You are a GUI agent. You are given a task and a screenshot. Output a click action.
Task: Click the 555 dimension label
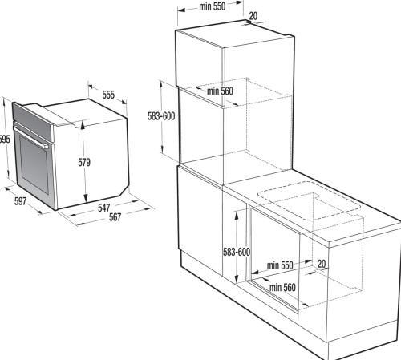click(x=108, y=95)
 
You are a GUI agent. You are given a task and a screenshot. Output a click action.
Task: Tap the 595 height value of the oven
click(x=5, y=139)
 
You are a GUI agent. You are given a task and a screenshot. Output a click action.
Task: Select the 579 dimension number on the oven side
click(x=84, y=162)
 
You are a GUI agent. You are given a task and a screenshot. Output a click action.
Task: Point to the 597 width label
click(x=21, y=201)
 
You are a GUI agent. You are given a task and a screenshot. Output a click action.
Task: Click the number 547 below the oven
click(x=104, y=208)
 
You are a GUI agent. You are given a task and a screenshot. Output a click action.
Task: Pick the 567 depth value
click(x=115, y=217)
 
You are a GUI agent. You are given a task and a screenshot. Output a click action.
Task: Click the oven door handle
click(x=30, y=137)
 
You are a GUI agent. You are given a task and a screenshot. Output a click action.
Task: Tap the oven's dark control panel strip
click(x=32, y=122)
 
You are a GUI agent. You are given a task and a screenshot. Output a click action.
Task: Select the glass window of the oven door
click(x=34, y=164)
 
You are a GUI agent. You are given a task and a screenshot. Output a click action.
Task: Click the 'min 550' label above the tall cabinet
click(x=213, y=6)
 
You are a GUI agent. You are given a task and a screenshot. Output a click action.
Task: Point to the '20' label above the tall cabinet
click(x=253, y=16)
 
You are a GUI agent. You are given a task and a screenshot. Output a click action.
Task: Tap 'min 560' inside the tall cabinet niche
click(x=220, y=91)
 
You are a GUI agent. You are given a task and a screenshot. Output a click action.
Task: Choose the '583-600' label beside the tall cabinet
click(x=161, y=116)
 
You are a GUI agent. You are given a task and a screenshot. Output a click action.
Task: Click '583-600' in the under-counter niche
click(x=237, y=252)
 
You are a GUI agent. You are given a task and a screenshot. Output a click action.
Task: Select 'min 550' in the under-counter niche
click(x=280, y=265)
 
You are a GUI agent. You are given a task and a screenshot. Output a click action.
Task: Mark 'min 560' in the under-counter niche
click(x=282, y=288)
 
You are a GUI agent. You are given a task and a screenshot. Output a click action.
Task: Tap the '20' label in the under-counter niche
click(x=322, y=264)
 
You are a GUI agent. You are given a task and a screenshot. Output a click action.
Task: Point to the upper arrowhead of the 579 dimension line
click(x=83, y=124)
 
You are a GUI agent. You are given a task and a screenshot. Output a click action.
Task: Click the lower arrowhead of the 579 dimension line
click(x=86, y=198)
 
